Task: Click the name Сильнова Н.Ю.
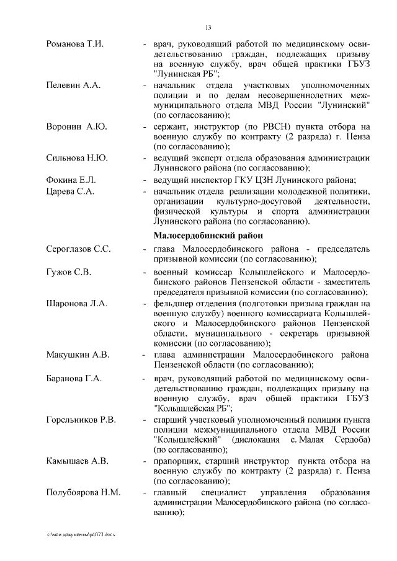pos(77,157)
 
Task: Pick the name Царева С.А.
pos(70,191)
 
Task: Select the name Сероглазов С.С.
pos(79,249)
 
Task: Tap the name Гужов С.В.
pos(69,272)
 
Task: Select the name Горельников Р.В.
pos(81,420)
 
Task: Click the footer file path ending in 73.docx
pos(81,534)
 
